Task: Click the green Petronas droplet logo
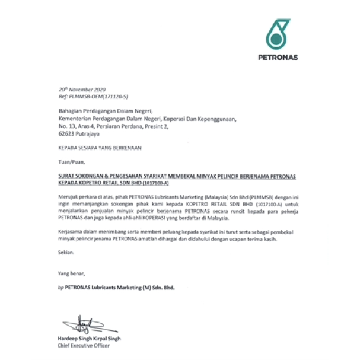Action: (x=278, y=34)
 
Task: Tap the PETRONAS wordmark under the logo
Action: (x=278, y=58)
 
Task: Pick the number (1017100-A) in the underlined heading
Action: (x=152, y=183)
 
